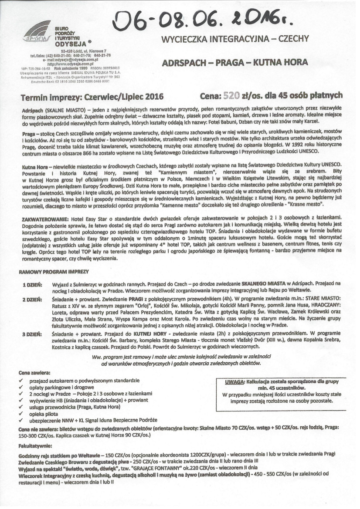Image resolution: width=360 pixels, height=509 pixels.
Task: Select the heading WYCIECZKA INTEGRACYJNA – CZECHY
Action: (x=235, y=39)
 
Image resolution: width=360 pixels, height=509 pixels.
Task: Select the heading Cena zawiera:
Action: (x=34, y=373)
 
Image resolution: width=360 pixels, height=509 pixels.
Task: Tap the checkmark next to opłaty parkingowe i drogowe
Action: (x=21, y=387)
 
